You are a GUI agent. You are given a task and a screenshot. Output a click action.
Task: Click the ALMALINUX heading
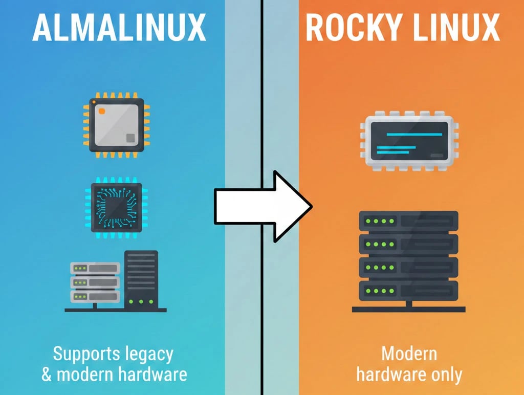pos(119,28)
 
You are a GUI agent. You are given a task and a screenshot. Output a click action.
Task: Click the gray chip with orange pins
pos(117,124)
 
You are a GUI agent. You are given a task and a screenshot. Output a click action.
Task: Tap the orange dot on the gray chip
pos(101,111)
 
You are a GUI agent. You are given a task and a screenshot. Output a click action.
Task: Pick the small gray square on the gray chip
pos(130,138)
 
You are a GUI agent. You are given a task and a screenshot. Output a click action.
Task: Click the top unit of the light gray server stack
pos(95,268)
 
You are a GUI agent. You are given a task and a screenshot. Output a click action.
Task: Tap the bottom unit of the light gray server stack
pos(95,296)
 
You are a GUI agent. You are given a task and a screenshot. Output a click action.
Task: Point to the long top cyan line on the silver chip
pos(414,134)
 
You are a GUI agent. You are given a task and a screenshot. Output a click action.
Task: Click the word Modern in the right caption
pos(409,354)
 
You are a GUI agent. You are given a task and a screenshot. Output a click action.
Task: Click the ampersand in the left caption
pos(47,375)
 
